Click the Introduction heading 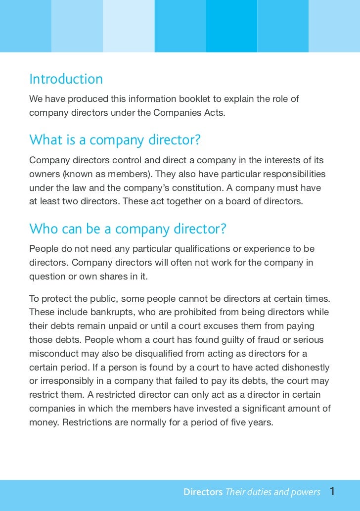(66, 79)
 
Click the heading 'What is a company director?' (115, 140)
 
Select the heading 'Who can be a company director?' (128, 229)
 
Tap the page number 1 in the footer (332, 492)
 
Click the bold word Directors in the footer (203, 492)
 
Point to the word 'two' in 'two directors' (74, 202)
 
